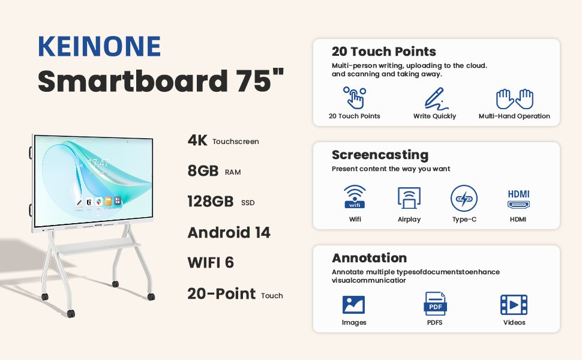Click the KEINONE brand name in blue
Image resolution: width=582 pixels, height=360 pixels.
click(x=99, y=46)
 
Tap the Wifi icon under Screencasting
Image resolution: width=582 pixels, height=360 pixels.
click(x=355, y=197)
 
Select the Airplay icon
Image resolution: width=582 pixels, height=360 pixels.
click(x=409, y=198)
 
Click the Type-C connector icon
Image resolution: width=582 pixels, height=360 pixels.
click(x=464, y=198)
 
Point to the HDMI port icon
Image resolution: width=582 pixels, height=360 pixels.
click(x=518, y=199)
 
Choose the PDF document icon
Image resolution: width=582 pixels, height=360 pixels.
click(x=435, y=304)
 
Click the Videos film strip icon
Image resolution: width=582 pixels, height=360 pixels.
click(x=514, y=305)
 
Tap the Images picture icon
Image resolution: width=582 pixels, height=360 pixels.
click(x=353, y=305)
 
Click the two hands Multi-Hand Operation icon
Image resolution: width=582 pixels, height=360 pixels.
click(x=514, y=99)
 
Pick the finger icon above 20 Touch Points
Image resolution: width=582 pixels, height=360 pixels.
click(x=355, y=98)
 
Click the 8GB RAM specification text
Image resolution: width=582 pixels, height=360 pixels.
click(x=214, y=171)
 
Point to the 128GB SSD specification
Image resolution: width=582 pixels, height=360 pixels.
click(x=221, y=202)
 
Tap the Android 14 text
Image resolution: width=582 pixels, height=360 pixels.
click(x=229, y=233)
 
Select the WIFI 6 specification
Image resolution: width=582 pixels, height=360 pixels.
click(x=211, y=262)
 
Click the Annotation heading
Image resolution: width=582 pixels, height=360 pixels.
click(x=370, y=258)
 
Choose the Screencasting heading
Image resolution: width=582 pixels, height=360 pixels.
click(x=380, y=155)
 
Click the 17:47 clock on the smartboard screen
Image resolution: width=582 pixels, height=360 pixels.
click(x=98, y=163)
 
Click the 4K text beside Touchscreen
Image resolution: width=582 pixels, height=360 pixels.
click(x=197, y=140)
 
